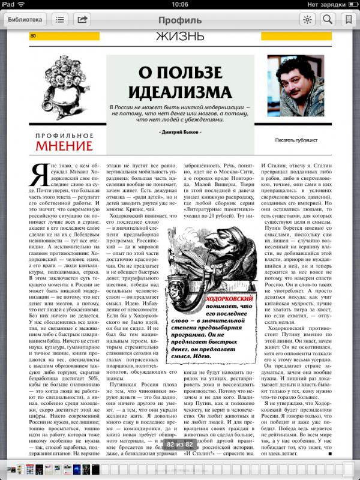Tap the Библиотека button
[x=25, y=19]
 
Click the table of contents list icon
[x=60, y=19]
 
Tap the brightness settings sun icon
[x=307, y=19]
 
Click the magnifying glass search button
[x=328, y=19]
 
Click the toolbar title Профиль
[x=180, y=20]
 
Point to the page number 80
[x=34, y=36]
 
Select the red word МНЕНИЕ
[x=64, y=146]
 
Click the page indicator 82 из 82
[x=179, y=444]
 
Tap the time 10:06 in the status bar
[x=180, y=4]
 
